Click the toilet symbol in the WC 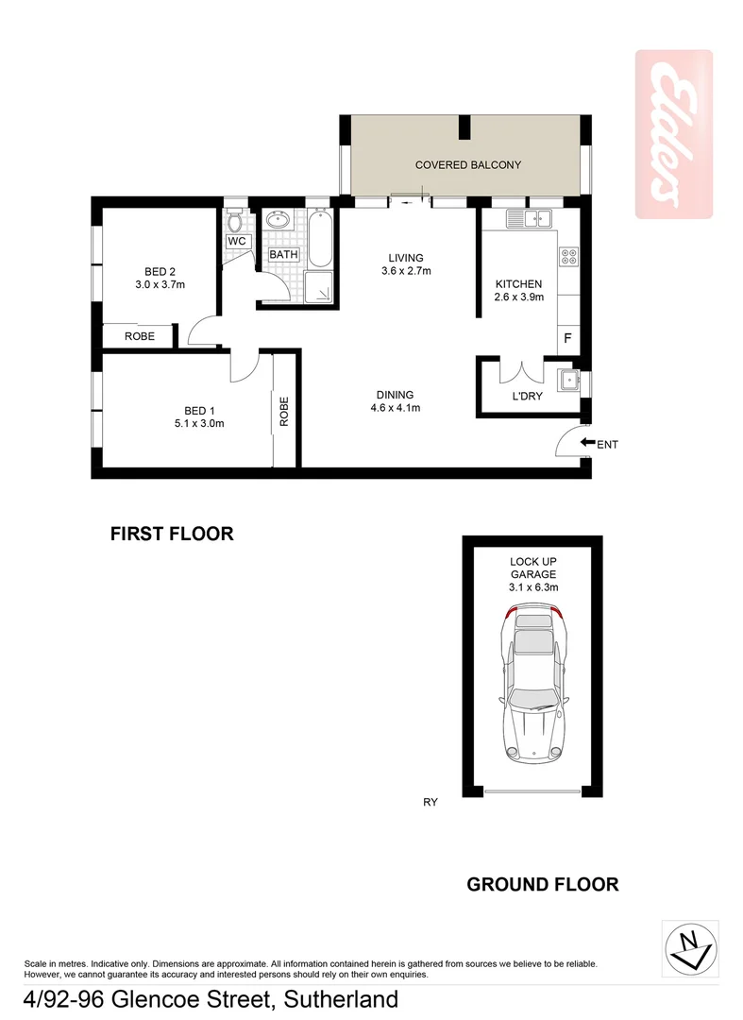tap(236, 223)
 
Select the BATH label tap(284, 255)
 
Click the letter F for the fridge tap(568, 338)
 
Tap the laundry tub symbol tap(568, 381)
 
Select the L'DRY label tap(527, 397)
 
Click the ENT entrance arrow tap(587, 443)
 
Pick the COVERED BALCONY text tap(468, 165)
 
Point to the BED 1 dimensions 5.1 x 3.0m tap(199, 423)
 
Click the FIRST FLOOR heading tap(172, 534)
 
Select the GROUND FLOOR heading tap(543, 885)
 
